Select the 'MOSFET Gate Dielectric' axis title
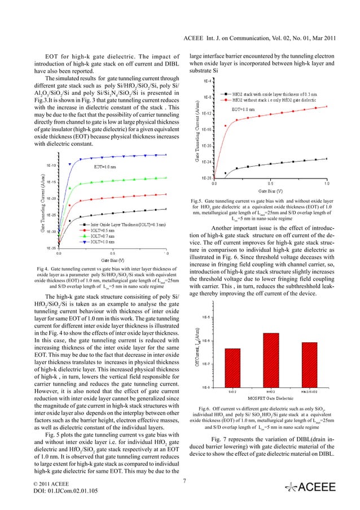[x=271, y=399]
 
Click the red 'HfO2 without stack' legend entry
[x=276, y=99]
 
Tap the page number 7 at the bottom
[x=185, y=481]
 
